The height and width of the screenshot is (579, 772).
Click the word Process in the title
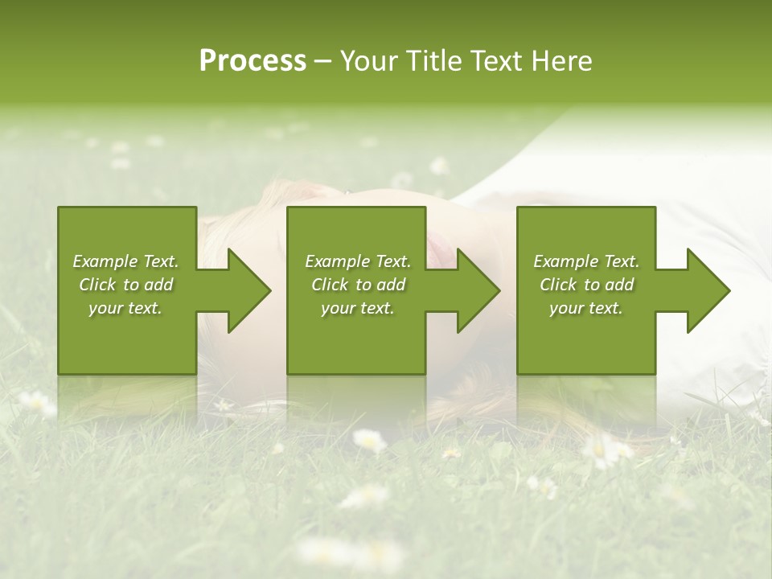tap(253, 61)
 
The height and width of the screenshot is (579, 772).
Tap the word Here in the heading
tap(563, 61)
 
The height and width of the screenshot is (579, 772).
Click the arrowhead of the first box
tap(250, 290)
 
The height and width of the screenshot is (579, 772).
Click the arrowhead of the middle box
tap(479, 290)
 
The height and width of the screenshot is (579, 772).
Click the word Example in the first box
tap(104, 261)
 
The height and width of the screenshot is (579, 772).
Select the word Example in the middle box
tap(336, 261)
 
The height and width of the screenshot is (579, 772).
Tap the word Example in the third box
tap(565, 261)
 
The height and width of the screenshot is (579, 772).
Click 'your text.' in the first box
tap(125, 308)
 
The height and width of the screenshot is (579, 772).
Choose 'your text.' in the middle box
tap(357, 308)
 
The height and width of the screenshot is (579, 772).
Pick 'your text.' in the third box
tap(586, 308)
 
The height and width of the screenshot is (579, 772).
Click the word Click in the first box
tap(97, 285)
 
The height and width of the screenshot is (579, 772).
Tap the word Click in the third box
tap(558, 285)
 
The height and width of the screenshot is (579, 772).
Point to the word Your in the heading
tap(367, 61)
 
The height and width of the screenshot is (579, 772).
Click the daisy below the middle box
tap(368, 440)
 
